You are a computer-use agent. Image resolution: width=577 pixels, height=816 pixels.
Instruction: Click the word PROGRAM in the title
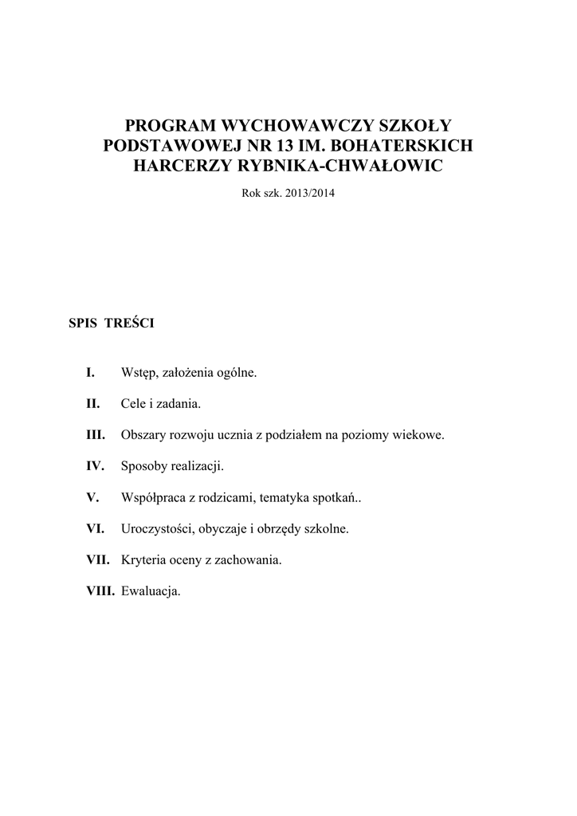pos(171,125)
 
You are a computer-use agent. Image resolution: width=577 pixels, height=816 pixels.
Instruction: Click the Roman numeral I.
pos(91,373)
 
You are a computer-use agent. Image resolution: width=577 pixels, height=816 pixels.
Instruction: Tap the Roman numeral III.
pos(96,435)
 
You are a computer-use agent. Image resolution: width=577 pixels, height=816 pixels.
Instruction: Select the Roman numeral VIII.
pos(100,590)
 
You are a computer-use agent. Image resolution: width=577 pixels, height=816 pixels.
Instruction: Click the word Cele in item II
pos(133,404)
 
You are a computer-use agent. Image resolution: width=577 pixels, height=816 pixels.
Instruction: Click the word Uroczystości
pos(156,528)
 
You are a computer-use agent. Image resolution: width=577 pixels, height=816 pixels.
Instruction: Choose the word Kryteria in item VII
pos(143,559)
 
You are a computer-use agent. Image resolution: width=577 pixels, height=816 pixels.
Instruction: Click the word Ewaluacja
pos(151,590)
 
